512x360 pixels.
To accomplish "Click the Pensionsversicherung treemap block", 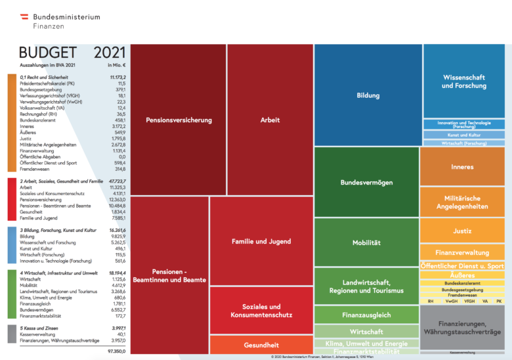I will [179, 120].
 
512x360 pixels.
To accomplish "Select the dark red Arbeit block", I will [270, 120].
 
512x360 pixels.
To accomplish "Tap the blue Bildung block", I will [368, 95].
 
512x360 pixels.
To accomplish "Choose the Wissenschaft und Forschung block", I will [464, 81].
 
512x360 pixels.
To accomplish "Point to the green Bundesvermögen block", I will [366, 181].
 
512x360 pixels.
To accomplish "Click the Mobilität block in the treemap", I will [366, 242].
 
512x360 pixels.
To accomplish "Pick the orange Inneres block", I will [462, 167].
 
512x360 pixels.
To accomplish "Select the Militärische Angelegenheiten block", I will [462, 202].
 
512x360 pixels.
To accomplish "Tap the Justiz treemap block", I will [462, 231].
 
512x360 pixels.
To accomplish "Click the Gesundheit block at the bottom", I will [261, 345].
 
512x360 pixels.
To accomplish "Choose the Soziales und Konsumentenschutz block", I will [261, 311].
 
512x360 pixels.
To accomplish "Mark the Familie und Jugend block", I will [261, 241].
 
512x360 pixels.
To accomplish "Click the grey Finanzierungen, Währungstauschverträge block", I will [462, 326].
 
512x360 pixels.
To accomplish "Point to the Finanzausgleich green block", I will [366, 315].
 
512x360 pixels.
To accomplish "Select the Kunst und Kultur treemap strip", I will [463, 135].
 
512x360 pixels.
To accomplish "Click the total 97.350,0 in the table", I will [113, 351].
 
